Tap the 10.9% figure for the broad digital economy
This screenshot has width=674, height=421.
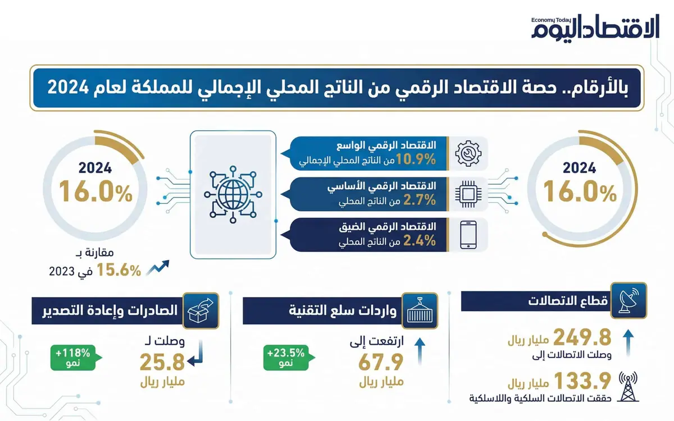point(416,160)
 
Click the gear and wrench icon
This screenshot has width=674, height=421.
point(468,153)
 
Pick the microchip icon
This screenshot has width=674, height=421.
point(468,194)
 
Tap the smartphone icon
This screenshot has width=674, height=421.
point(468,234)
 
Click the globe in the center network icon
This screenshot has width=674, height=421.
point(232,194)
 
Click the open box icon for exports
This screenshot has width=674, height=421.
point(201,308)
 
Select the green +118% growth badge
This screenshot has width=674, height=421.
point(74,358)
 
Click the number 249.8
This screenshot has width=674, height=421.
point(582,337)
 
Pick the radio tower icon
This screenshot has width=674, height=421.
point(629,387)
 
